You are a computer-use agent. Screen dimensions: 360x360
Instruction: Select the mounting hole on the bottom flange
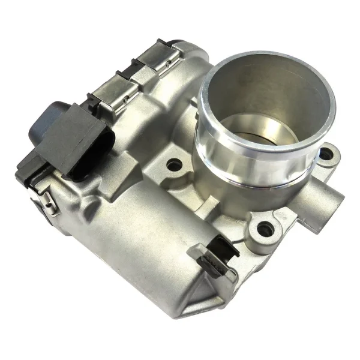tap(264, 228)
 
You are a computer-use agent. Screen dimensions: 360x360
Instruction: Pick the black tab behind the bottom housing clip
tap(223, 245)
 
